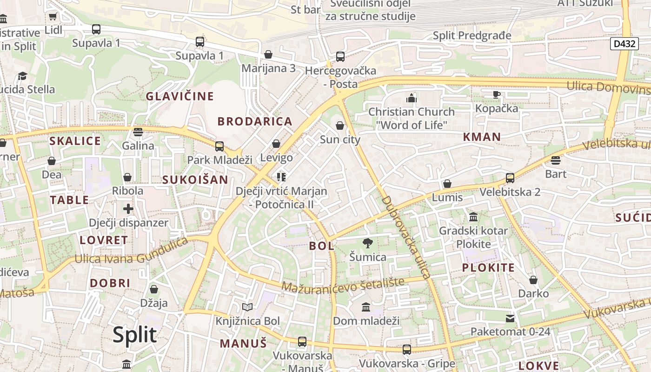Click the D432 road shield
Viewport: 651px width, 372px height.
(x=624, y=44)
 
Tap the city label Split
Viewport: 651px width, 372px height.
(x=135, y=335)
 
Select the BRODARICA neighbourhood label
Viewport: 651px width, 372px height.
(x=255, y=121)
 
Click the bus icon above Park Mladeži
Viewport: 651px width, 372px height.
(x=219, y=146)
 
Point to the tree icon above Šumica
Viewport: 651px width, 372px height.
(x=368, y=243)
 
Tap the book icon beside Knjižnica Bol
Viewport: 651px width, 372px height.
(x=247, y=307)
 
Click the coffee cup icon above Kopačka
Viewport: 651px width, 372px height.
(x=497, y=94)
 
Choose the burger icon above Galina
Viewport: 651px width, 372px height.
(x=138, y=132)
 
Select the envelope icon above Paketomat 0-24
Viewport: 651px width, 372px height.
(x=510, y=318)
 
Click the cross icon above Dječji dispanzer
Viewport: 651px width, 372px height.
(x=128, y=209)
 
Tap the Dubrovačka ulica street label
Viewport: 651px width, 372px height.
(x=406, y=237)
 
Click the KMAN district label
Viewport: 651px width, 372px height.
(x=482, y=137)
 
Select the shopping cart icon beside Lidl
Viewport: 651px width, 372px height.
(x=53, y=17)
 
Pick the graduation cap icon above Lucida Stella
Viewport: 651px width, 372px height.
(x=22, y=76)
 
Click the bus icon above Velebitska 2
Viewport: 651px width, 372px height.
(x=510, y=178)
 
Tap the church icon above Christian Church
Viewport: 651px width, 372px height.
(x=411, y=98)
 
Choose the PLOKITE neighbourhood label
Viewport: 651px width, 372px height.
(x=488, y=267)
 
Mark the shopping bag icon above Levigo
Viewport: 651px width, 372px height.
(x=276, y=144)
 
